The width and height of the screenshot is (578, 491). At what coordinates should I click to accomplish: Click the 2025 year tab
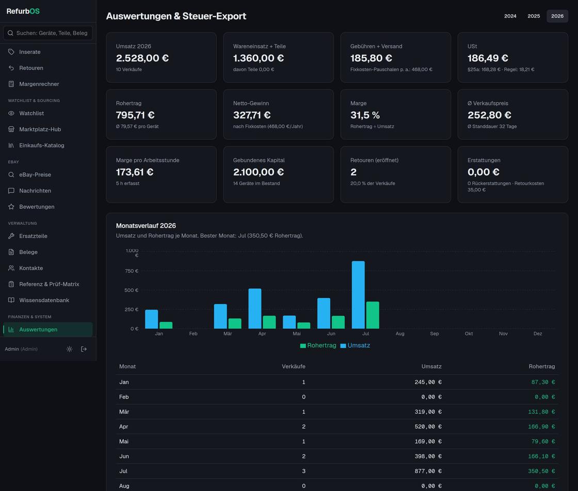point(534,16)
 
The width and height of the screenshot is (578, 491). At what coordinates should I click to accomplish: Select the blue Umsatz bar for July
point(358,294)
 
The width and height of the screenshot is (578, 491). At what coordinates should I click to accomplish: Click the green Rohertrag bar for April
point(269,322)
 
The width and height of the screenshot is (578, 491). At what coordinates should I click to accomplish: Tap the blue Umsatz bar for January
point(152,319)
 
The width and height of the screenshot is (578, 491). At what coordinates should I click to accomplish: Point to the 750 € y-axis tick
point(132,271)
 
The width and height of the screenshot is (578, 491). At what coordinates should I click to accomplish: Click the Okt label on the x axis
point(469,334)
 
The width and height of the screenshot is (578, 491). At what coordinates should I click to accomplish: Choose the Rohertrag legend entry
point(318,346)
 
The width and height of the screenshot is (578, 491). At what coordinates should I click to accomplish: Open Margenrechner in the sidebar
point(39,84)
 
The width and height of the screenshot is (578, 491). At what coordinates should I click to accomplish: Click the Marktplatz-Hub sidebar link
point(40,129)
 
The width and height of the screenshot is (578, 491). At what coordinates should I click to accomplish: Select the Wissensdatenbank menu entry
point(44,300)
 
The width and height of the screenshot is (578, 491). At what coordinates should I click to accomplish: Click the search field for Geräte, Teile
point(48,33)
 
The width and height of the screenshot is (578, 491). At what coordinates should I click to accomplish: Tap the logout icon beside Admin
point(84,349)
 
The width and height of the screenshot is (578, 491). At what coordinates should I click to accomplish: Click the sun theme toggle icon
point(69,349)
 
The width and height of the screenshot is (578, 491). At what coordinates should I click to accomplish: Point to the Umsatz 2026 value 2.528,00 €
point(142,58)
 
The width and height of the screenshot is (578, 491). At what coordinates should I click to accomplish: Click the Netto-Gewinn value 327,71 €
point(252,116)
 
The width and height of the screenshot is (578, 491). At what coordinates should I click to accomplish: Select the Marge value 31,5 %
point(365,116)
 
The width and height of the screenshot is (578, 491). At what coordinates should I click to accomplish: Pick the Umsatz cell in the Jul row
point(428,471)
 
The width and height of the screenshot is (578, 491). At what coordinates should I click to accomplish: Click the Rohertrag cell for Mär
point(541,412)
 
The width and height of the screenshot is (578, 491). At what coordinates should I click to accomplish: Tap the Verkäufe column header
point(294,367)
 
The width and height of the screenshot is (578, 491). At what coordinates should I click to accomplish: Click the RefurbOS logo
point(23,11)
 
